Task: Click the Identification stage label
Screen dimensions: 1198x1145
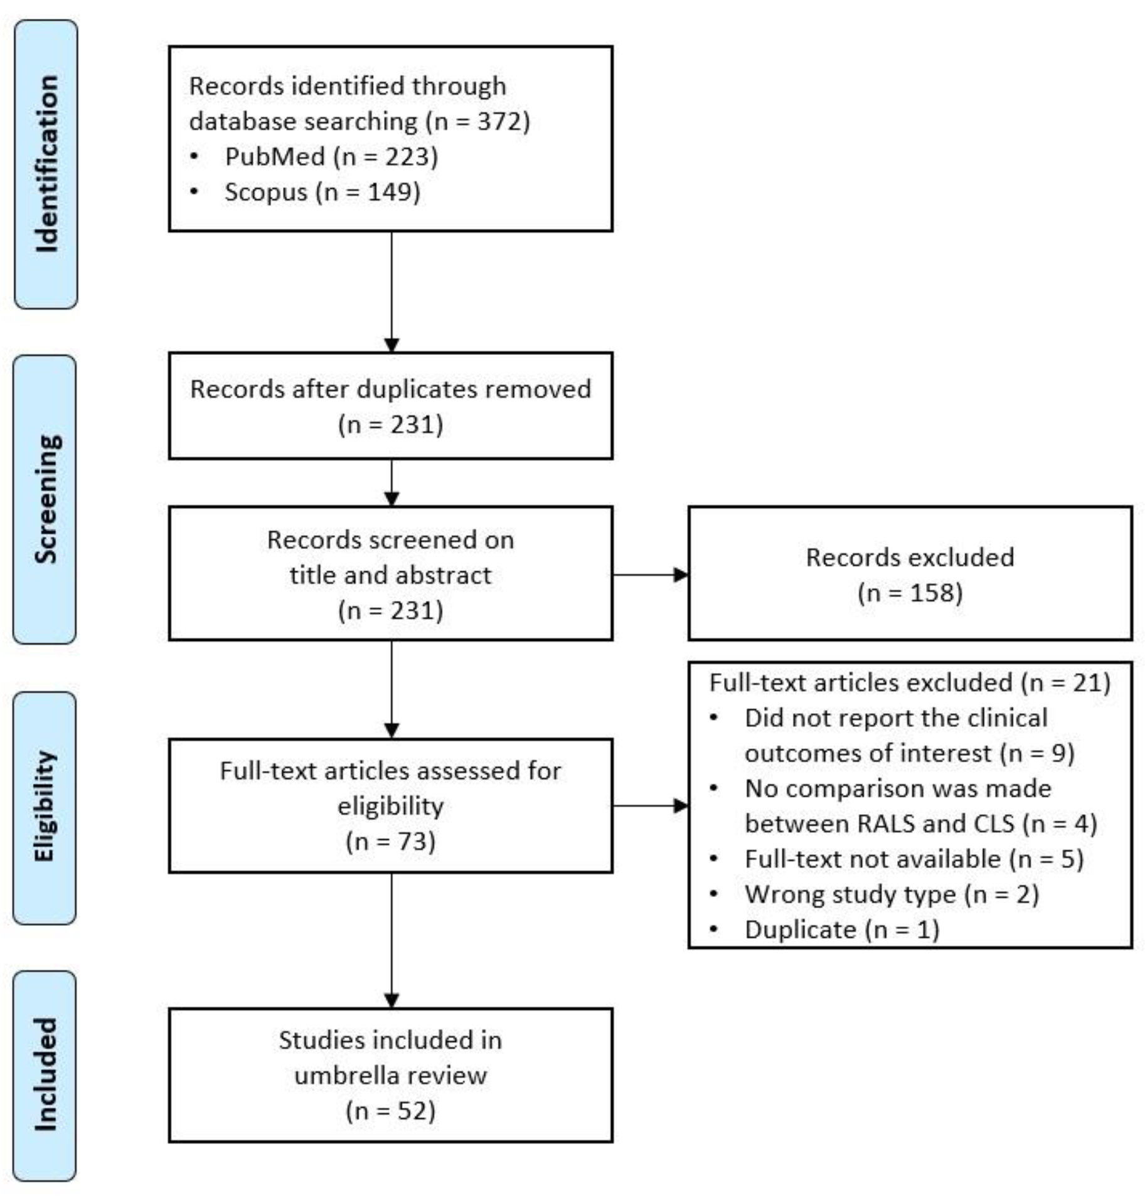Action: [46, 164]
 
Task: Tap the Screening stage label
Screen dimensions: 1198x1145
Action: [45, 499]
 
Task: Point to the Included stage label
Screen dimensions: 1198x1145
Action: [45, 1074]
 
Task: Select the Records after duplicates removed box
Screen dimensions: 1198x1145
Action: [390, 406]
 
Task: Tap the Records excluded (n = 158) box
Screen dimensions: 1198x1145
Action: [909, 574]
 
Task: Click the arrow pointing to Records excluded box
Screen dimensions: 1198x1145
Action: [650, 575]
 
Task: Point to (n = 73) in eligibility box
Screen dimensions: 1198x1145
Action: [390, 841]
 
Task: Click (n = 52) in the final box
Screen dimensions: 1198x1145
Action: [390, 1111]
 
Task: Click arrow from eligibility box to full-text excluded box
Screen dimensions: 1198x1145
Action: [650, 806]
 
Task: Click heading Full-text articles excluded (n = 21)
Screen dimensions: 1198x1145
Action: [909, 682]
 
